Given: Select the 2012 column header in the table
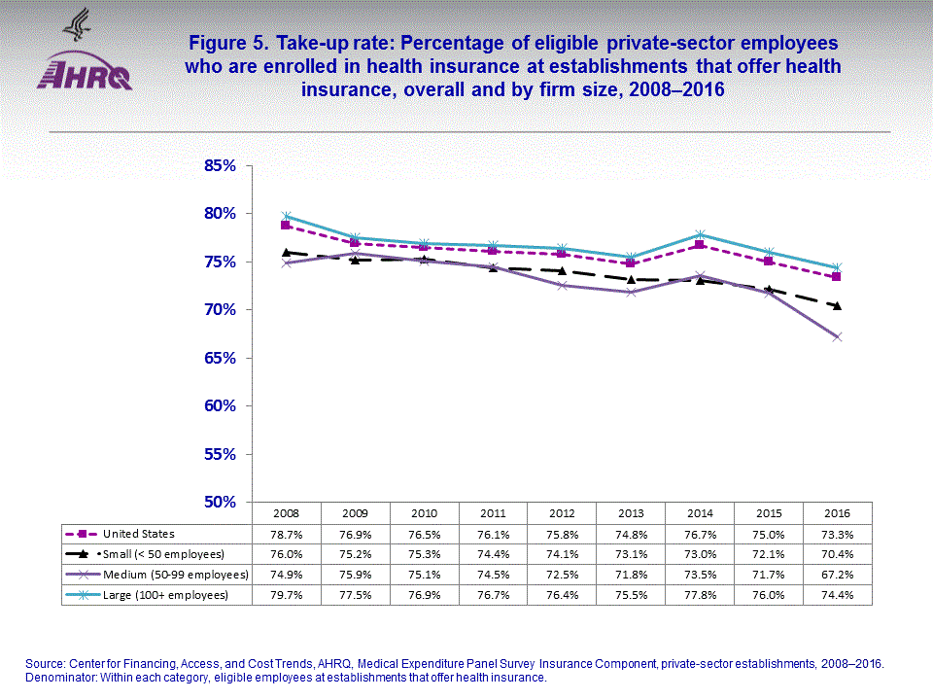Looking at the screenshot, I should click(x=563, y=512).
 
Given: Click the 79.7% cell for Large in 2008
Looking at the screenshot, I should click(x=287, y=595).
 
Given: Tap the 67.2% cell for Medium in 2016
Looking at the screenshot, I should click(x=838, y=575).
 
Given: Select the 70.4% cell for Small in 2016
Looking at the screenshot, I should click(x=838, y=554).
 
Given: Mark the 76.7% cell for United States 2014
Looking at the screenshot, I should click(x=700, y=534).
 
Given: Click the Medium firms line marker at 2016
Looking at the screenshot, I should click(x=838, y=336).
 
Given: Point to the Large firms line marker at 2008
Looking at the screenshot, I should click(x=287, y=216).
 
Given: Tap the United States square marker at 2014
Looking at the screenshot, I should click(x=700, y=245).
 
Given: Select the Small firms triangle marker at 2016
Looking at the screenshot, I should click(x=838, y=305).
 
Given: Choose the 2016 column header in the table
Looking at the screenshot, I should click(x=838, y=512).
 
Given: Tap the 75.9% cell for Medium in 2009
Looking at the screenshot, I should click(x=356, y=575).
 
